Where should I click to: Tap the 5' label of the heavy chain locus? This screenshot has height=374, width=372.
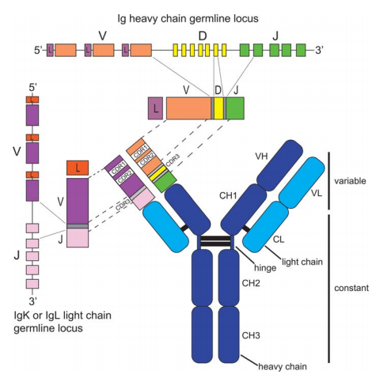point(36,51)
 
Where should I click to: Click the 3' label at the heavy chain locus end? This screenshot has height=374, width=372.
point(318,51)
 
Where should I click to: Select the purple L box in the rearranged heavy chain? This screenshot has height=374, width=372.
point(156,108)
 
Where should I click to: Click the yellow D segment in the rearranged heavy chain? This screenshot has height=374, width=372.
point(218,108)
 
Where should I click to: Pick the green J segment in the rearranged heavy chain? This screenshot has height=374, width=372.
point(236,108)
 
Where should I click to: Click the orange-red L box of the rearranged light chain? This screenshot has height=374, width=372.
point(77,168)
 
